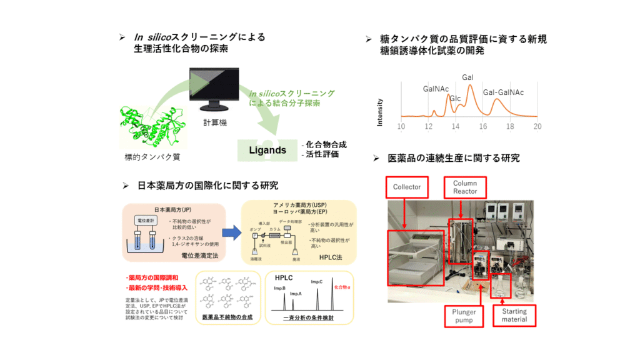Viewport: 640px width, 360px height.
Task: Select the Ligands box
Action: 267,150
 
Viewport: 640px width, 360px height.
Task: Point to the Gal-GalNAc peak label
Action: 503,92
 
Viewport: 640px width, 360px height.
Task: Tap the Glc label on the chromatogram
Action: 456,99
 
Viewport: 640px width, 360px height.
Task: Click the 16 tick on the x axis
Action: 483,126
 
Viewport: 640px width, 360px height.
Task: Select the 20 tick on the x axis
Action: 537,126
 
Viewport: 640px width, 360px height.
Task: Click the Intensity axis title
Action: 380,112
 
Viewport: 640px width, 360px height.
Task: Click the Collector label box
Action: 407,187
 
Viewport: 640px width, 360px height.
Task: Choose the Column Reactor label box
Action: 465,187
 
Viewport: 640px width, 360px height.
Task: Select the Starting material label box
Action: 514,315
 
